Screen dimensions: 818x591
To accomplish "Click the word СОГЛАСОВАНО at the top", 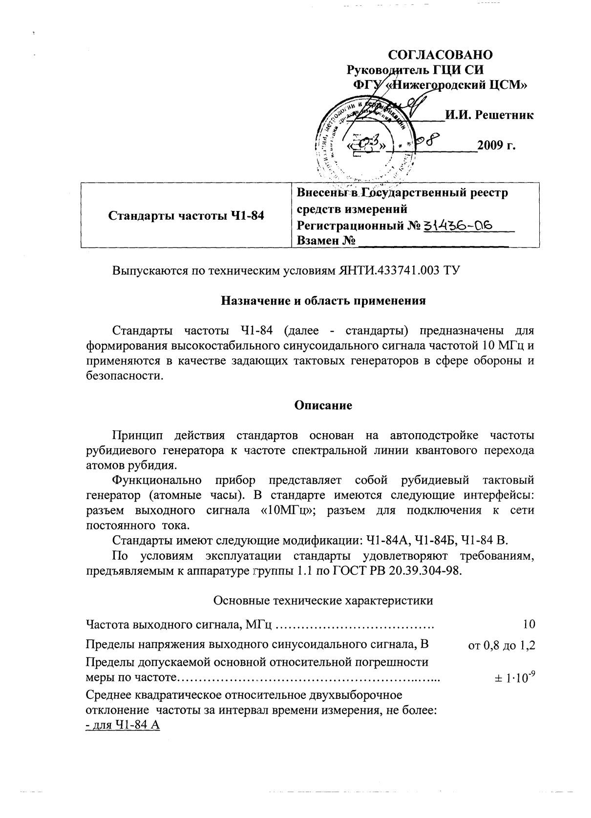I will pyautogui.click(x=441, y=54).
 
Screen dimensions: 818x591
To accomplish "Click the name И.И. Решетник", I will pyautogui.click(x=488, y=115).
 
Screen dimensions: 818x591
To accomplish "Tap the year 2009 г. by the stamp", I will pyautogui.click(x=496, y=146).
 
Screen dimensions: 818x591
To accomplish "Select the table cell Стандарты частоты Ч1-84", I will pyautogui.click(x=186, y=215).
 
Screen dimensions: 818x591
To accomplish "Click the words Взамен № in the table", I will pyautogui.click(x=325, y=241).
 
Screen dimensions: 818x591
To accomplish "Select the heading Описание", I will pyautogui.click(x=323, y=405).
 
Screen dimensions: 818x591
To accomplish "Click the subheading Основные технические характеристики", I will pyautogui.click(x=323, y=600).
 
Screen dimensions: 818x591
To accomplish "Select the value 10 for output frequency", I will pyautogui.click(x=528, y=624).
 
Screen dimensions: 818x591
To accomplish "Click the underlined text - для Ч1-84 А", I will pyautogui.click(x=123, y=725).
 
